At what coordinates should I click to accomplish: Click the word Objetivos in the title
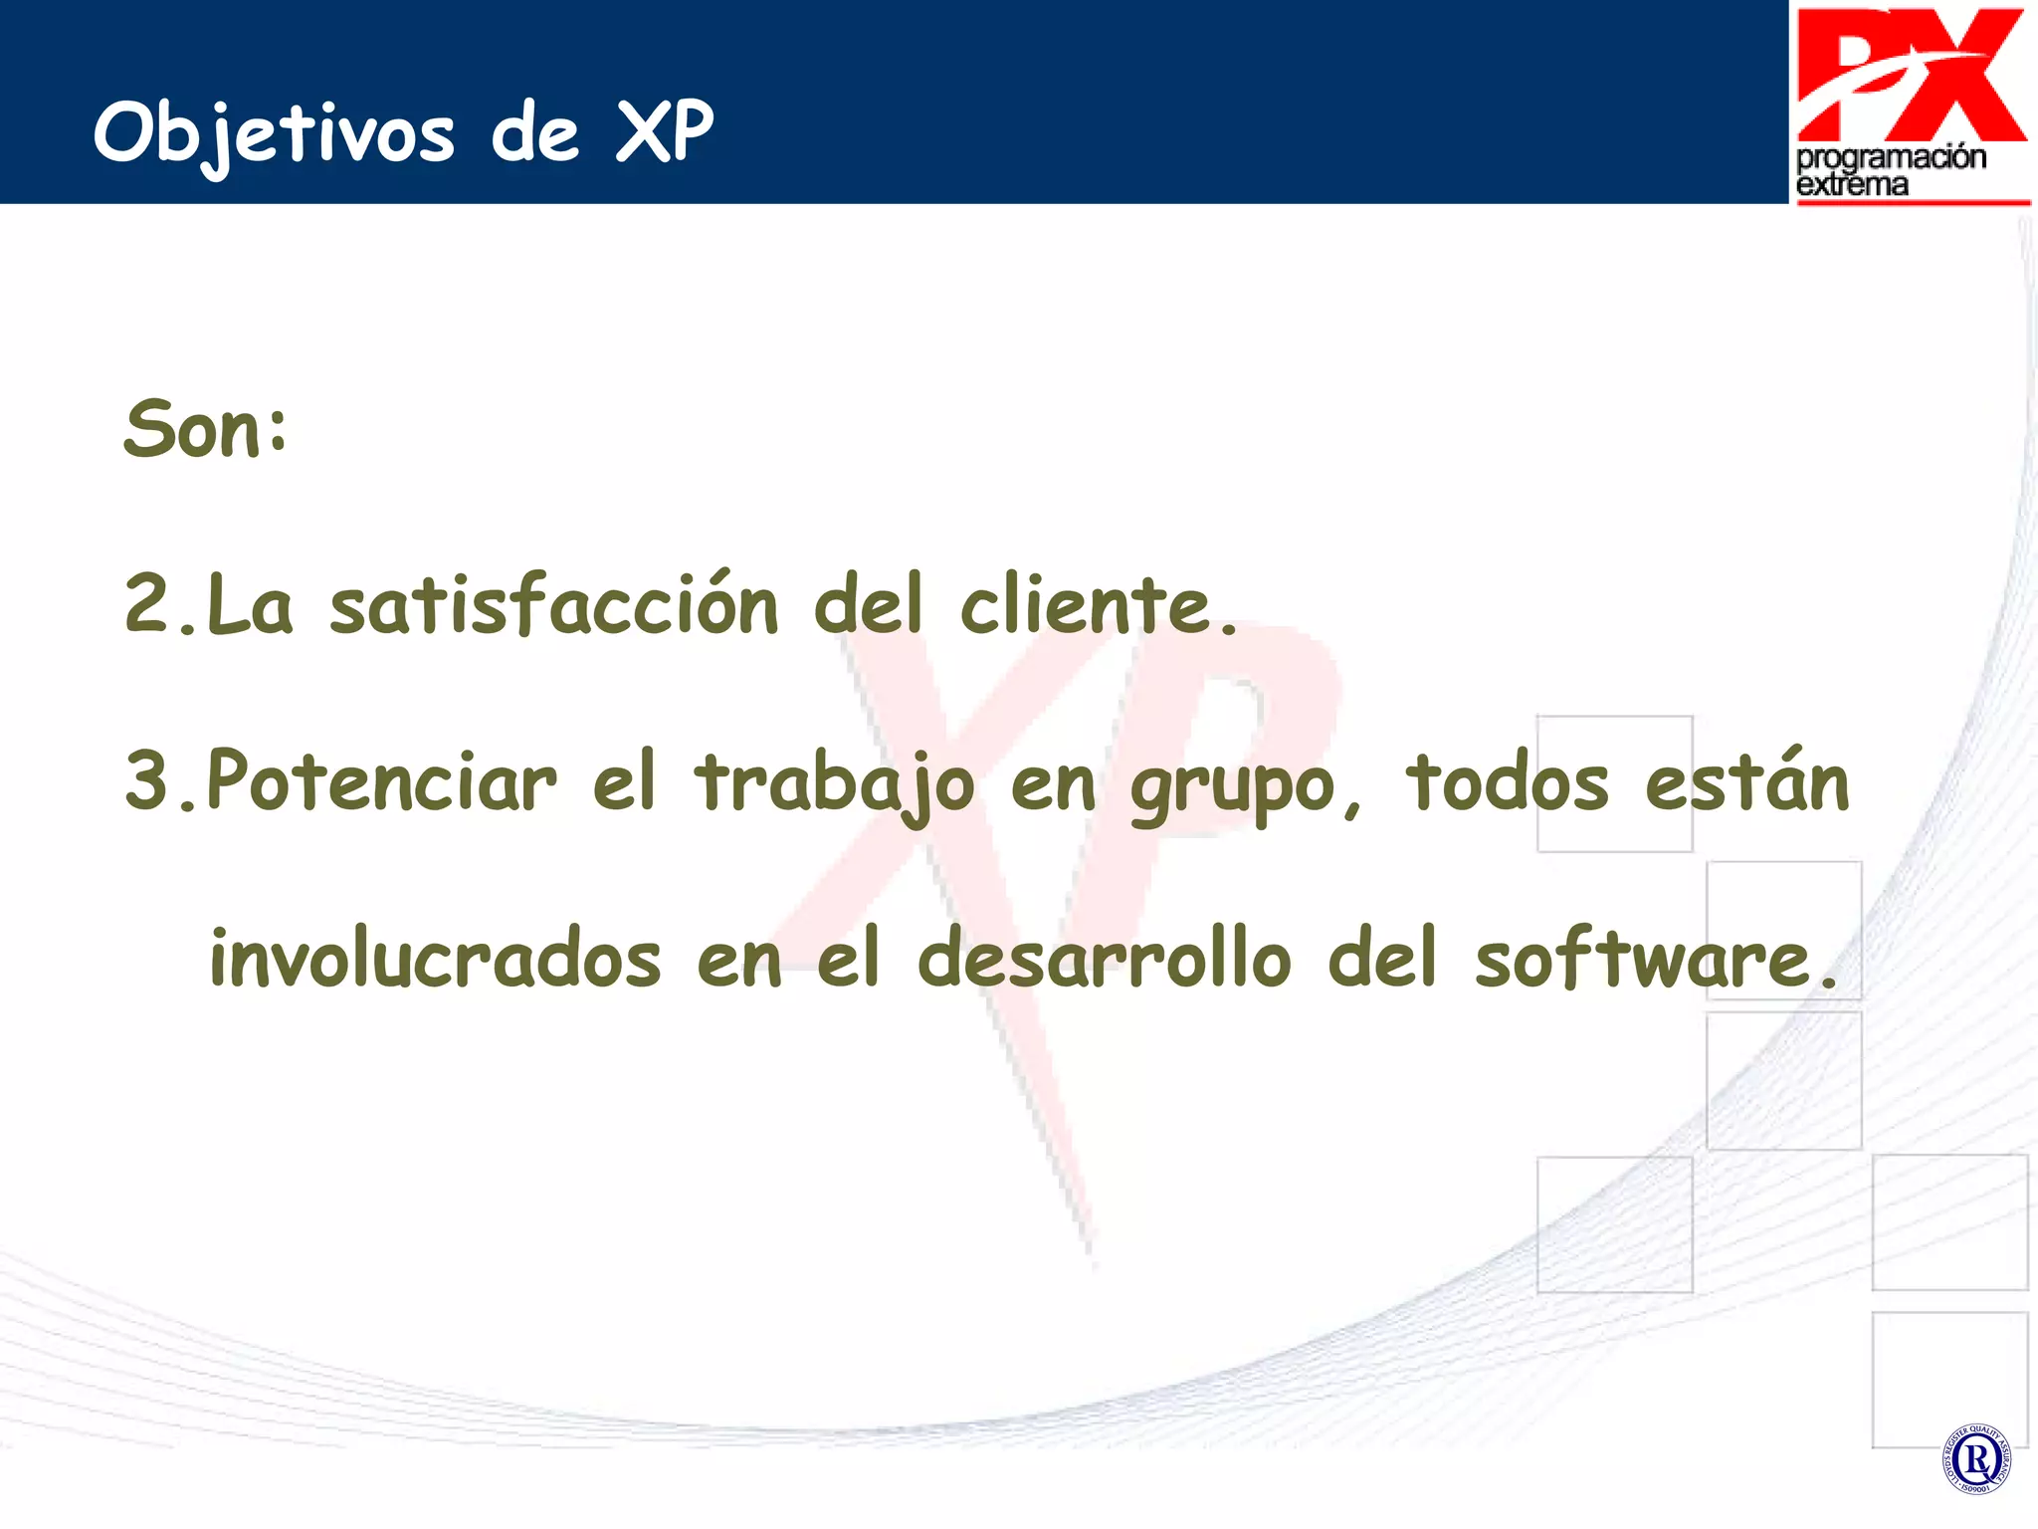click(274, 132)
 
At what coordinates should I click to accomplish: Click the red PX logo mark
click(1911, 75)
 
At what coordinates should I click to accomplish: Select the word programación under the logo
click(1891, 157)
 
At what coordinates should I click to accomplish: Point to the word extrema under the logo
click(1852, 184)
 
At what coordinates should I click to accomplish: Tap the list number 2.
click(149, 603)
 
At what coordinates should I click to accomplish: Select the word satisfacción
click(553, 604)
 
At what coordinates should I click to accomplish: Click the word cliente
click(1086, 604)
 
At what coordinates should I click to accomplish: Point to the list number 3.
click(149, 779)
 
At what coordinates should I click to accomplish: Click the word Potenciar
click(381, 780)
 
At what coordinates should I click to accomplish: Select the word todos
click(1507, 780)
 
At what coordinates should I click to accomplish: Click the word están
click(1746, 780)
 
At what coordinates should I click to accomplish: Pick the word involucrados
click(435, 958)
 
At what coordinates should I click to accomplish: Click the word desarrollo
click(1104, 958)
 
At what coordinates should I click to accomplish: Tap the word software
click(1642, 958)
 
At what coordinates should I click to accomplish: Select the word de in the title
click(535, 132)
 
